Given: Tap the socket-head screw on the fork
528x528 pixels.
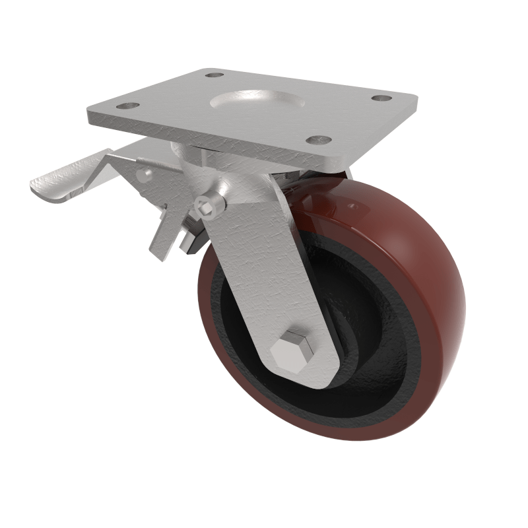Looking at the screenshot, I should click(209, 205).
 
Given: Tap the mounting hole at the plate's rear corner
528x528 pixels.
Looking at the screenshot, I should click(213, 75).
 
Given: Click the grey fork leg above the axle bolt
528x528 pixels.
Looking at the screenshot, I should click(264, 264).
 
